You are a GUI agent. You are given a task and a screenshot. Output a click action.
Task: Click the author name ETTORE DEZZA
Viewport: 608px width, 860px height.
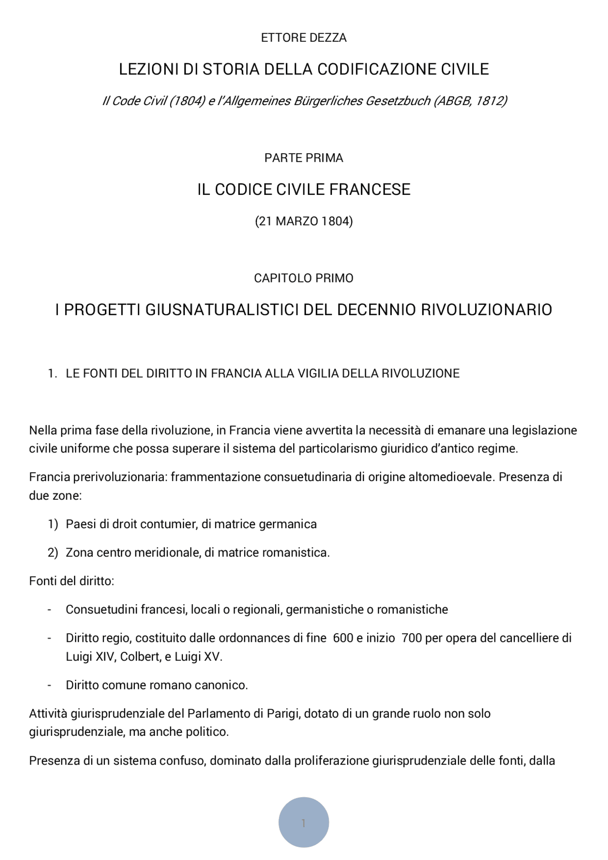304,38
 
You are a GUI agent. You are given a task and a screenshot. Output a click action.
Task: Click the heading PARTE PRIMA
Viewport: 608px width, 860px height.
304,158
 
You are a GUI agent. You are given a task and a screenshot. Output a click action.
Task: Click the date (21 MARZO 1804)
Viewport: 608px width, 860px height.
304,221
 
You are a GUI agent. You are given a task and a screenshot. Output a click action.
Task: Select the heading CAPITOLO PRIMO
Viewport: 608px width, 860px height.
304,278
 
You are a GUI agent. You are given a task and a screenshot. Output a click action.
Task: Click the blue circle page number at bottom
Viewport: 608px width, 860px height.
304,822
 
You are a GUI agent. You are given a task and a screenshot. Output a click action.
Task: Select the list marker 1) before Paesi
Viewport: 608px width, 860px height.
53,524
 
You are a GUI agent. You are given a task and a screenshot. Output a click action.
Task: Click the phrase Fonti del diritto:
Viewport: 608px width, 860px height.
71,581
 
